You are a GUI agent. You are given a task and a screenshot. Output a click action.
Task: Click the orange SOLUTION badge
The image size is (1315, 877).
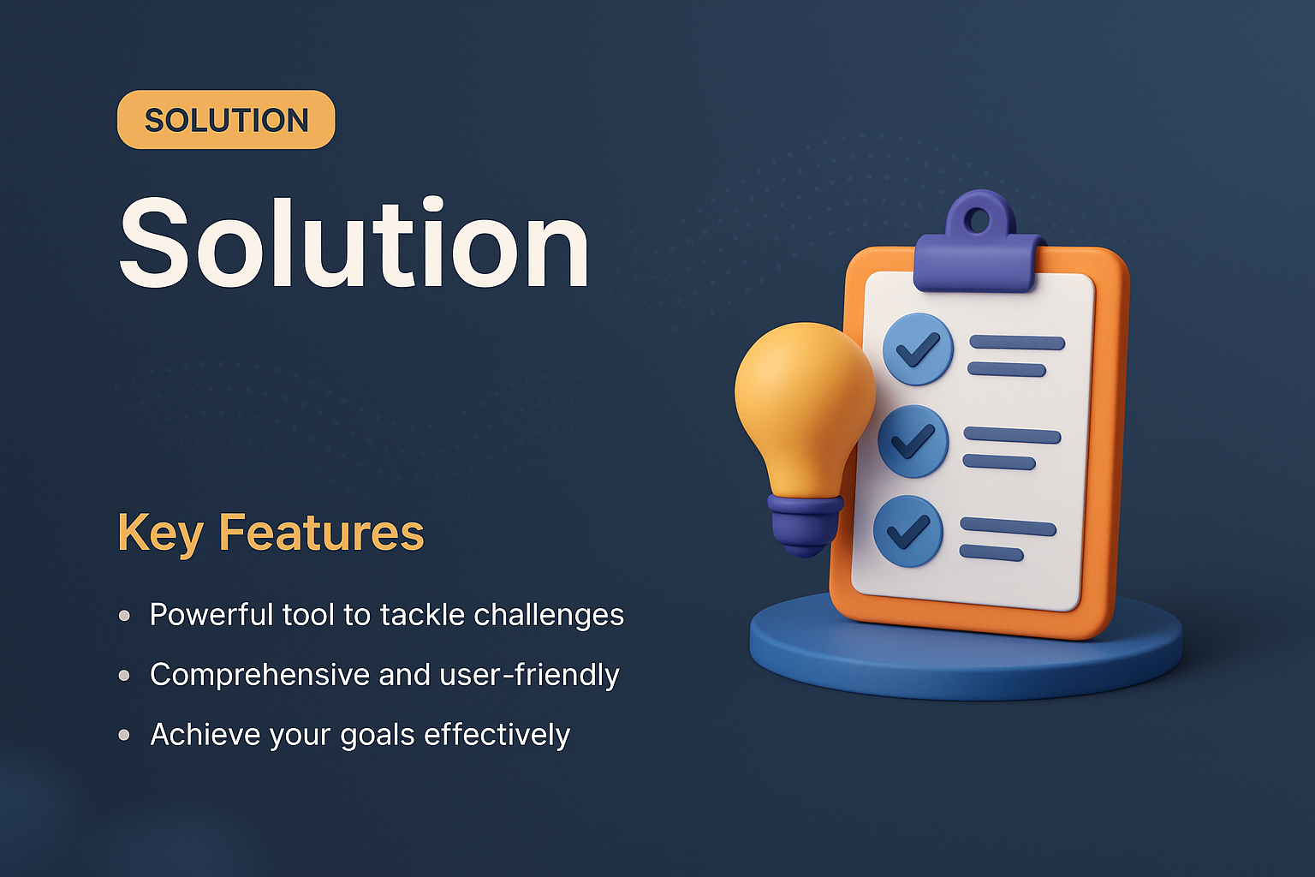[x=226, y=120]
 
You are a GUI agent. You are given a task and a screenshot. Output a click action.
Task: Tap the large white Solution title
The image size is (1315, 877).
[x=354, y=244]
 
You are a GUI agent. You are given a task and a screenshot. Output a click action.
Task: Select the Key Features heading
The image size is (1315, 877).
[x=271, y=533]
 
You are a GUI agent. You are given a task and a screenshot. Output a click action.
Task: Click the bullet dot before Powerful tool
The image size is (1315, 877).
[x=125, y=616]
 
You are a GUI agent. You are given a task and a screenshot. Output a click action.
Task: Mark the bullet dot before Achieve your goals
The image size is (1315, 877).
[x=125, y=735]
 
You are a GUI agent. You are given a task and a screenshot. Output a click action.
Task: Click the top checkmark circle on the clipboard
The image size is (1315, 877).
[x=918, y=349]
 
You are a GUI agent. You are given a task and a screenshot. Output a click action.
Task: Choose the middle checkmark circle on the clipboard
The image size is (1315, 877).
[x=913, y=441]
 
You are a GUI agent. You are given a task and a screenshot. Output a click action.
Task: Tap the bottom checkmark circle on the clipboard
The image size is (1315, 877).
[x=907, y=531]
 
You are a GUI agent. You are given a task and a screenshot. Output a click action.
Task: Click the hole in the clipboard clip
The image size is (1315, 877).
[x=976, y=220]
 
